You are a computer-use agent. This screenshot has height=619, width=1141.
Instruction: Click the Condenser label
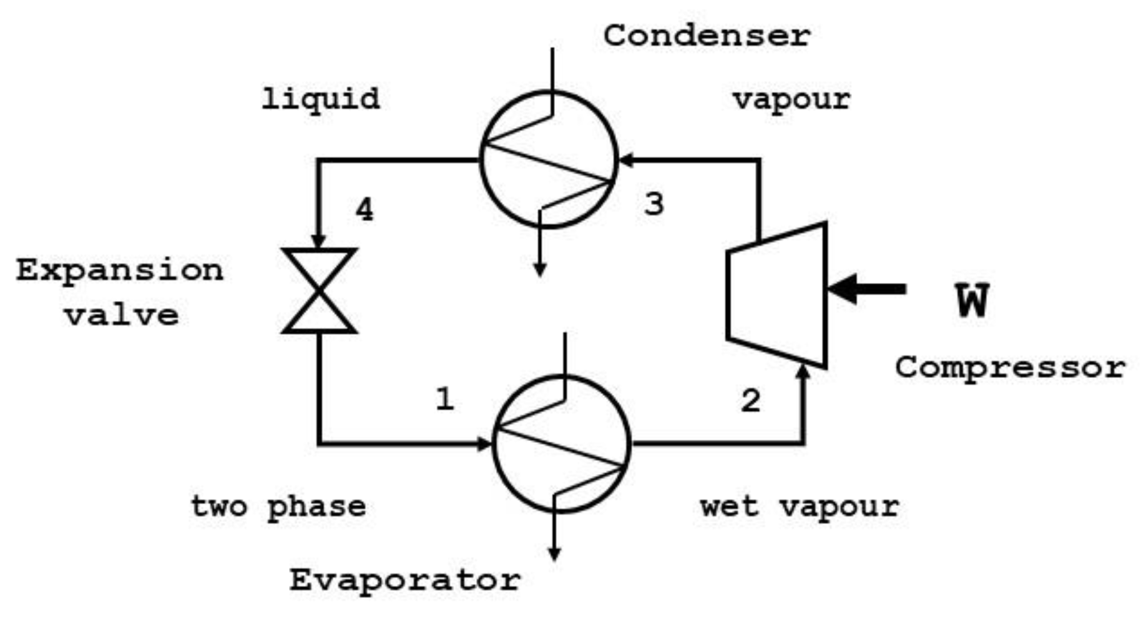pyautogui.click(x=707, y=36)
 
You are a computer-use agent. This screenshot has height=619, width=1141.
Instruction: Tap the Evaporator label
pyautogui.click(x=404, y=580)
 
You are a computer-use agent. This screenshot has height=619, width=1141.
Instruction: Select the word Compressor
pyautogui.click(x=1010, y=367)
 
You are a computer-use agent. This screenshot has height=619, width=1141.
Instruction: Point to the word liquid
pyautogui.click(x=320, y=99)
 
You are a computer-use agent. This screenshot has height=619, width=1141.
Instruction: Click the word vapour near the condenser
pyautogui.click(x=791, y=99)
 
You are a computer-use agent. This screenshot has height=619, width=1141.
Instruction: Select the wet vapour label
pyautogui.click(x=800, y=506)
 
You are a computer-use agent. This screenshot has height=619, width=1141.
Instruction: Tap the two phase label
pyautogui.click(x=278, y=507)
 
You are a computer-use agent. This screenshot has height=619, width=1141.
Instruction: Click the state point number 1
pyautogui.click(x=444, y=399)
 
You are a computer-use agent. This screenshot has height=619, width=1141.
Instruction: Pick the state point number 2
pyautogui.click(x=750, y=400)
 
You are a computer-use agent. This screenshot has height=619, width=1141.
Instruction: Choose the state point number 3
pyautogui.click(x=654, y=204)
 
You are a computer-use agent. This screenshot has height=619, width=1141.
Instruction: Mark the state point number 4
pyautogui.click(x=365, y=209)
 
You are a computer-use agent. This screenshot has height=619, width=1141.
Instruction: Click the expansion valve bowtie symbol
pyautogui.click(x=320, y=290)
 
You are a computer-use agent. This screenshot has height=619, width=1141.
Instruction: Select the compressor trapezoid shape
pyautogui.click(x=777, y=295)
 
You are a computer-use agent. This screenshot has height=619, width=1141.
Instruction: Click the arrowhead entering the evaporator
pyautogui.click(x=484, y=444)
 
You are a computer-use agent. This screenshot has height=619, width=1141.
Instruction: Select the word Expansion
pyautogui.click(x=120, y=271)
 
